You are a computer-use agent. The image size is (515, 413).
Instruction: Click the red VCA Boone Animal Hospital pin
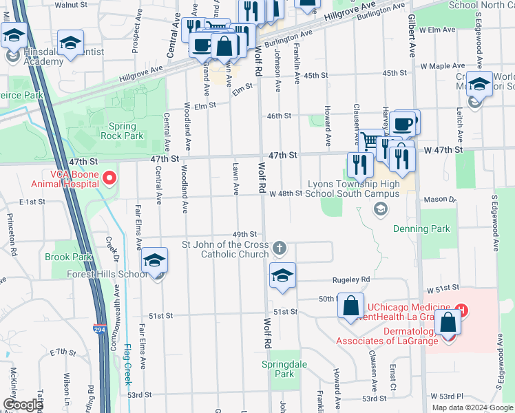coord(108,180)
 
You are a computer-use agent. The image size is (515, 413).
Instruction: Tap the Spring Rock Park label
coord(126,131)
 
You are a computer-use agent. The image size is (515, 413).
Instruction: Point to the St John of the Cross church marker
coord(279,247)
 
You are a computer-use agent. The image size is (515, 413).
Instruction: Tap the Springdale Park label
coord(278,369)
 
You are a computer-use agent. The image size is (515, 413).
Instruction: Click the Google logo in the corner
coord(23,405)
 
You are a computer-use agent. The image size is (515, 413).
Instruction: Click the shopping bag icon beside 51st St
coord(350,306)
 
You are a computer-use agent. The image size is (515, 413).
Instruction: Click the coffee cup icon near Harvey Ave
coord(403,125)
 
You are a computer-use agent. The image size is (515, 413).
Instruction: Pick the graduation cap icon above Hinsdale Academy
coord(70,43)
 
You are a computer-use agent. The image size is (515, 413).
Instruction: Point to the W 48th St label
coord(286,193)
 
